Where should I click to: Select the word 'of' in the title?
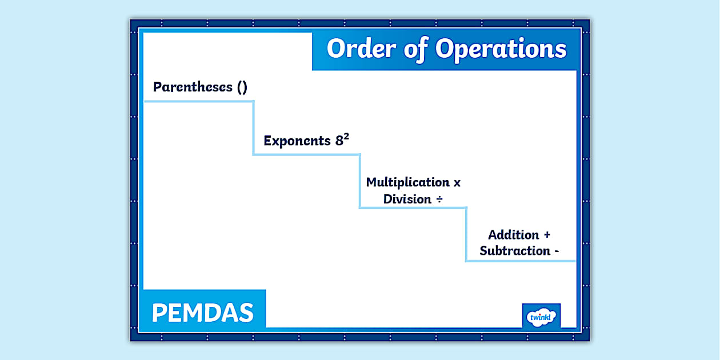click(x=414, y=49)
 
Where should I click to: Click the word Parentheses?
click(x=193, y=87)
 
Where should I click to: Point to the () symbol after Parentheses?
click(x=242, y=87)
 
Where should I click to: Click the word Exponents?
click(x=297, y=141)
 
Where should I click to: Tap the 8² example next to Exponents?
click(x=342, y=140)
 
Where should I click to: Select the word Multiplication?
click(x=408, y=182)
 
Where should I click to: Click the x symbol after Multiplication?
click(x=457, y=183)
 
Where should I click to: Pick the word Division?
click(x=407, y=199)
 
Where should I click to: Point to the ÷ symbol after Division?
click(x=440, y=199)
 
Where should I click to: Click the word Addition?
click(x=514, y=235)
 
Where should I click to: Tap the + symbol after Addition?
click(x=547, y=235)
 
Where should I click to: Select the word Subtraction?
click(x=515, y=251)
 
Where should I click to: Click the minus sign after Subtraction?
click(x=556, y=251)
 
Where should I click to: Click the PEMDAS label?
click(x=203, y=313)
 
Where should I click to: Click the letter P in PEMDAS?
click(x=159, y=313)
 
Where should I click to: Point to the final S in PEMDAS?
click(x=246, y=313)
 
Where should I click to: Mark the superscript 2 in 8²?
click(x=346, y=137)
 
